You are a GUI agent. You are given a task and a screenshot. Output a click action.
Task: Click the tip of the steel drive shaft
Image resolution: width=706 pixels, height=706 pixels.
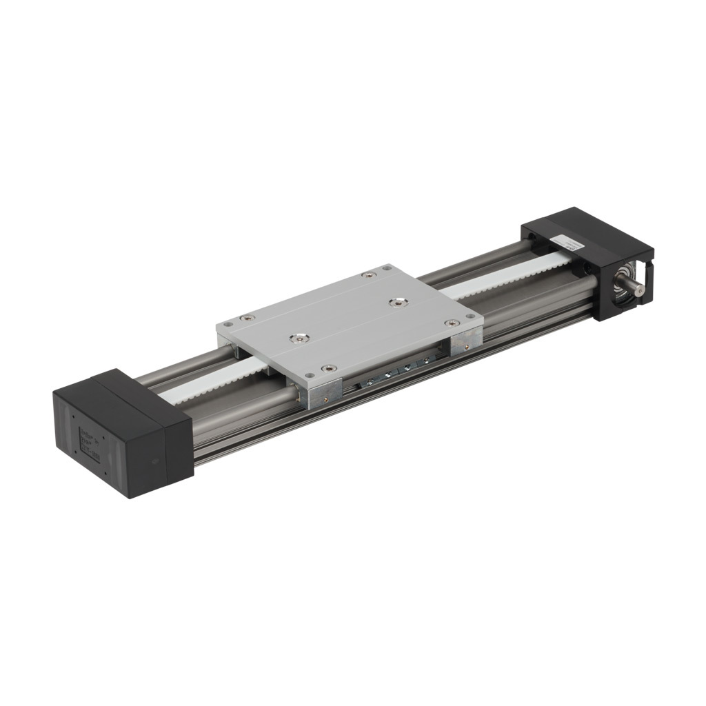[x=641, y=292]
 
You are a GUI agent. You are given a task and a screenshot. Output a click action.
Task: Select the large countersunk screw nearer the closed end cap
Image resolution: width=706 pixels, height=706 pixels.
[x=299, y=338]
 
